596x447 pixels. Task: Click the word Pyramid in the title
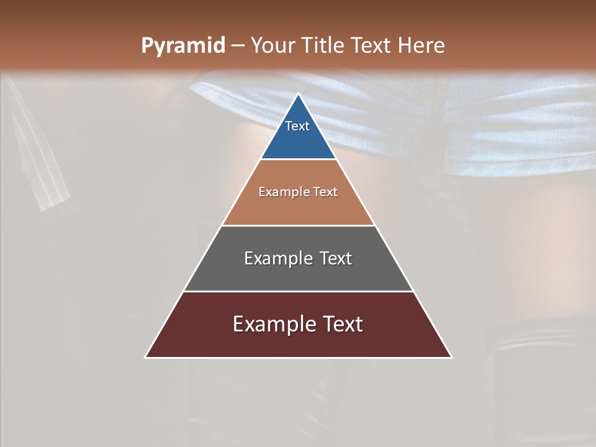tap(183, 46)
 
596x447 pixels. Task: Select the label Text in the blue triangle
tap(297, 127)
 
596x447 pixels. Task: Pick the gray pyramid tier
tap(298, 273)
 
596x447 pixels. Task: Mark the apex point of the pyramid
tap(298, 94)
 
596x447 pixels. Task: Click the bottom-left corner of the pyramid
tap(145, 357)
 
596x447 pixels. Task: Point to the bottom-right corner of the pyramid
tap(451, 357)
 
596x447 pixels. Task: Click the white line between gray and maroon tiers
tap(298, 291)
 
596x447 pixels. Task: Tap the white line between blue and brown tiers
tap(298, 160)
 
